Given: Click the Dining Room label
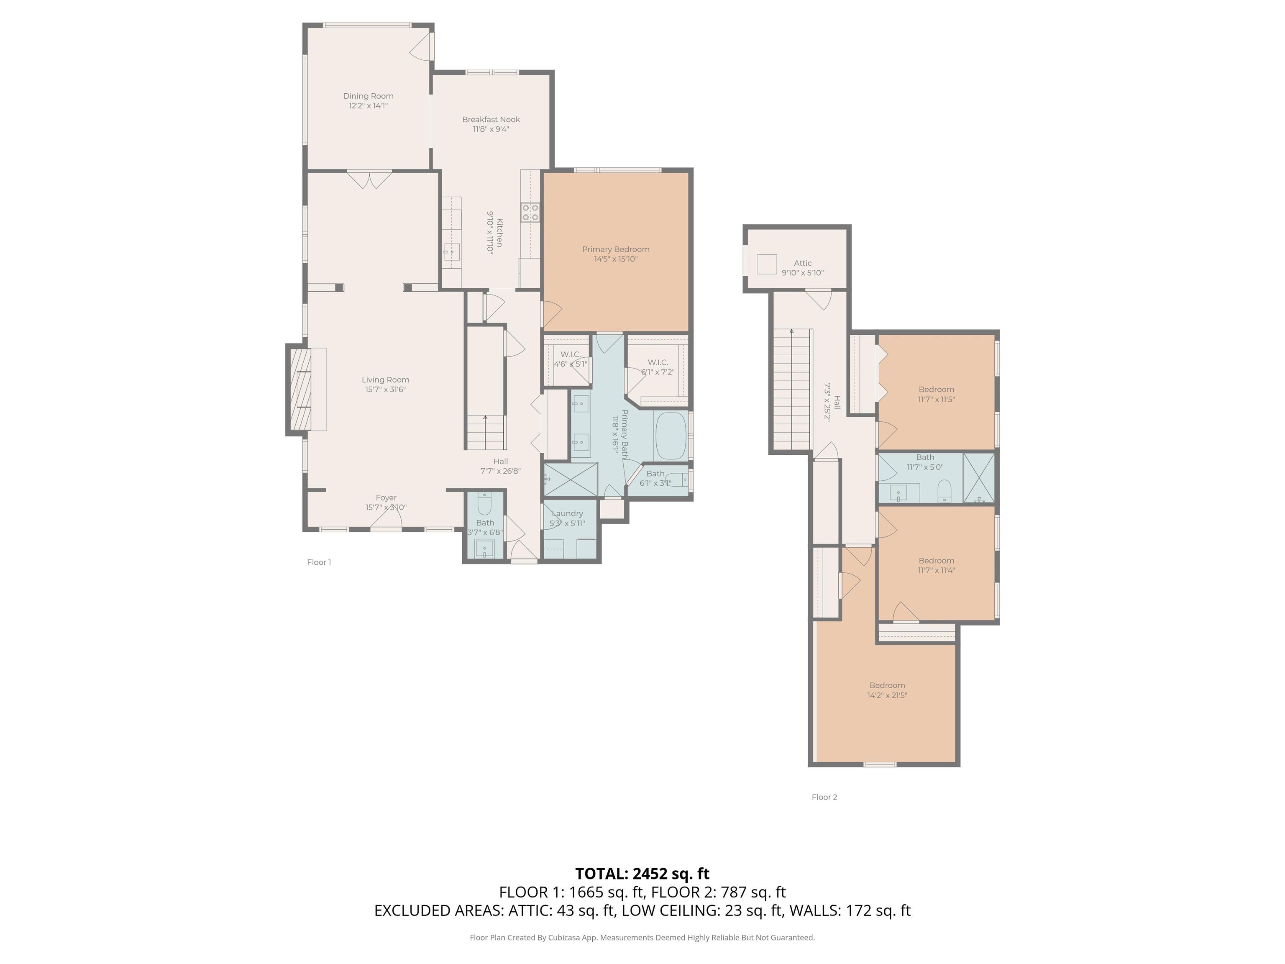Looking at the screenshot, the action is coord(368,96).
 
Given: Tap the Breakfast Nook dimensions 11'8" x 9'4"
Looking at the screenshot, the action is coord(491,129).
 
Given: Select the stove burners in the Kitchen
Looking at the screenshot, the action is coord(530,212).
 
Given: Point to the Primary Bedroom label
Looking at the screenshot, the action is coord(616,249).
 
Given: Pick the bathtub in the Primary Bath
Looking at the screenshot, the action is coord(671,436).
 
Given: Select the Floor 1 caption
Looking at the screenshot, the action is coord(319,562).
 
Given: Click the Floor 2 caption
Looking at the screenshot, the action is coord(824,797).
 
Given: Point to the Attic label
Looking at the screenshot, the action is coord(803,263).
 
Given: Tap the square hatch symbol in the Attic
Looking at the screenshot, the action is coord(767,264).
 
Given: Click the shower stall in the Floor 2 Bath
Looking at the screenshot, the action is coord(979,478).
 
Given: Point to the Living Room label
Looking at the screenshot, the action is coord(386,380).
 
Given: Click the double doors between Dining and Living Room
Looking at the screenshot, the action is coord(369,179).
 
